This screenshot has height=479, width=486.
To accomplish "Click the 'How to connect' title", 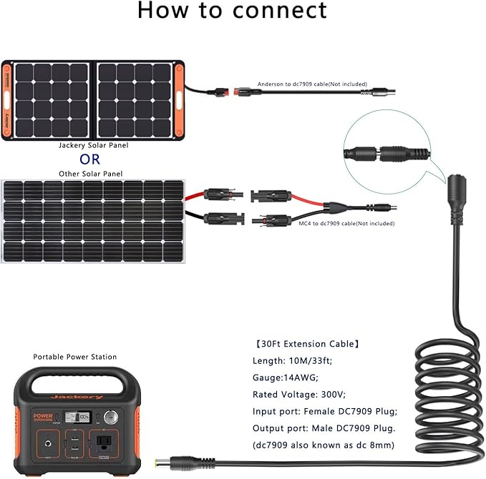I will (x=232, y=11).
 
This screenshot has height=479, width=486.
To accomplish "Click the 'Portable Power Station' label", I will (x=75, y=357).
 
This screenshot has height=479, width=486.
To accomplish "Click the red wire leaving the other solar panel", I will (x=195, y=194).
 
